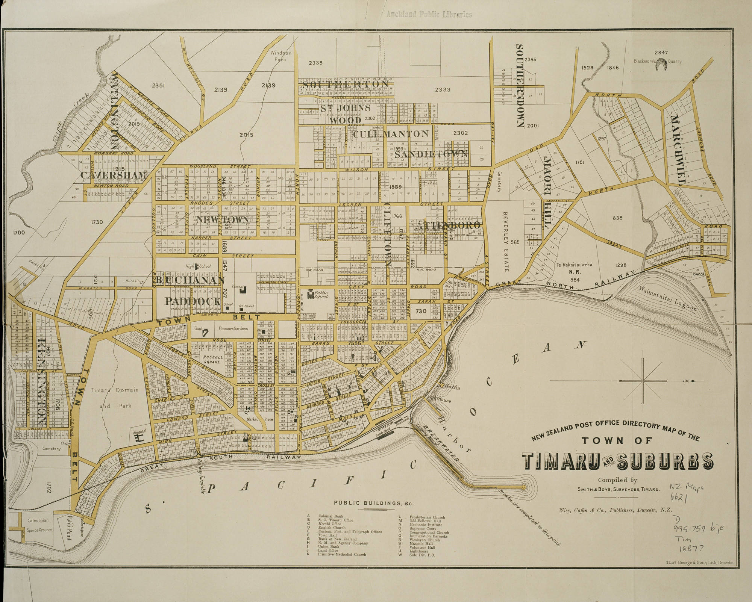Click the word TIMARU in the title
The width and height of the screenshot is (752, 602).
pyautogui.click(x=560, y=461)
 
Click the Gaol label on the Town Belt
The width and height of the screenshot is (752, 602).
pyautogui.click(x=199, y=328)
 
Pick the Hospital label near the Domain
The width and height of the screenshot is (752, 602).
pyautogui.click(x=139, y=432)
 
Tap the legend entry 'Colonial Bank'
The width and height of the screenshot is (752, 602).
pyautogui.click(x=331, y=517)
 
